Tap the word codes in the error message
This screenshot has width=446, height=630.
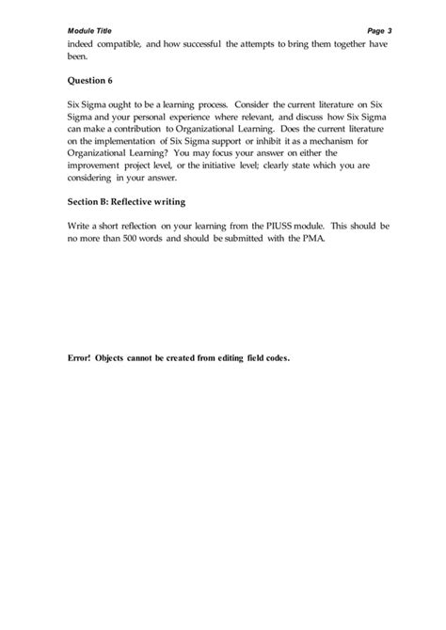coord(274,358)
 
